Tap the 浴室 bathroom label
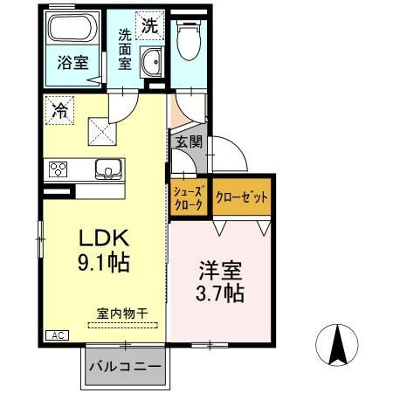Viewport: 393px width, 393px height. (x=74, y=63)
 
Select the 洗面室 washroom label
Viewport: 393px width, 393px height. (x=126, y=50)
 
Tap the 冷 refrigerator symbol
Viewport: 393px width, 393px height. (x=61, y=111)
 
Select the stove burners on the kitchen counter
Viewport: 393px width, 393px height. (x=59, y=169)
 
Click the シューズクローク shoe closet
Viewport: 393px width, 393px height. (x=187, y=197)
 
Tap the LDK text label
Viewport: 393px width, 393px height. (x=106, y=238)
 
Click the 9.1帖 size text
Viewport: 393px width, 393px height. (x=106, y=262)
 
